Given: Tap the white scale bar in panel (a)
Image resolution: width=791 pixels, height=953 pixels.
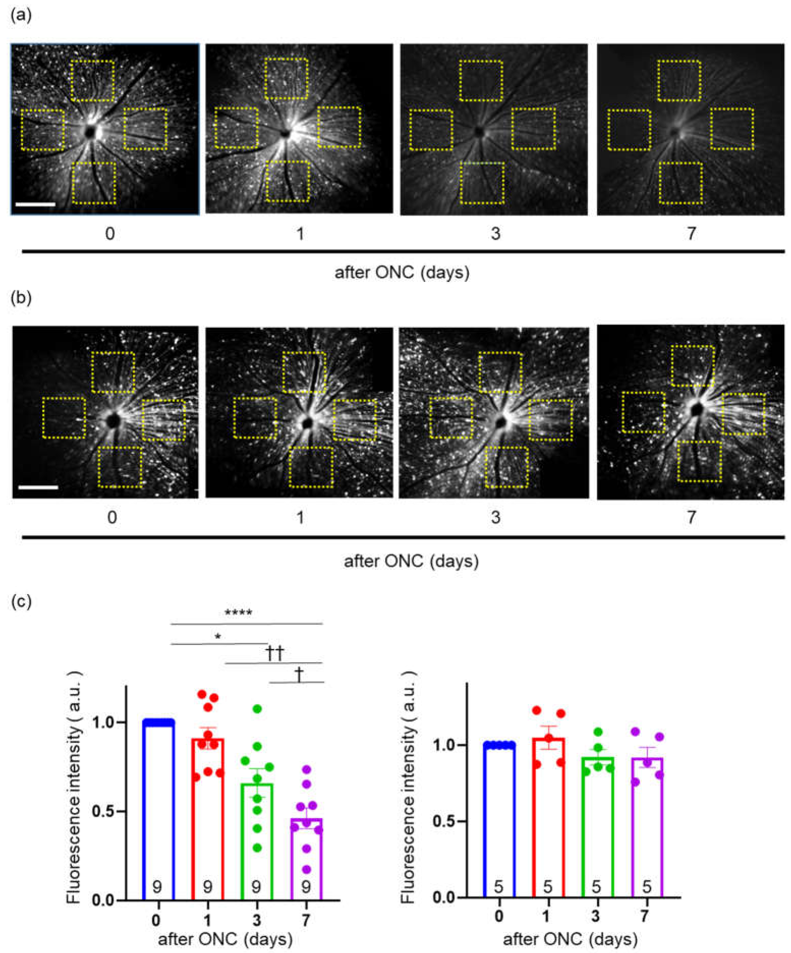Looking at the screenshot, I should (35, 204).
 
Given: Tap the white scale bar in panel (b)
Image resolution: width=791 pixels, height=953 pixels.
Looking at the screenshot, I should (39, 488).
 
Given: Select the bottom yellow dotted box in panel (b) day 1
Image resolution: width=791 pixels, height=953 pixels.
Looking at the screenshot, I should (311, 467).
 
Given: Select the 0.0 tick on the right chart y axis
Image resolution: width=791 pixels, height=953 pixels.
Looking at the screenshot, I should (448, 897).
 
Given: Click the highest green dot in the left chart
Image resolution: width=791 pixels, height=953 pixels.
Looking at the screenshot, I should (257, 709).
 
